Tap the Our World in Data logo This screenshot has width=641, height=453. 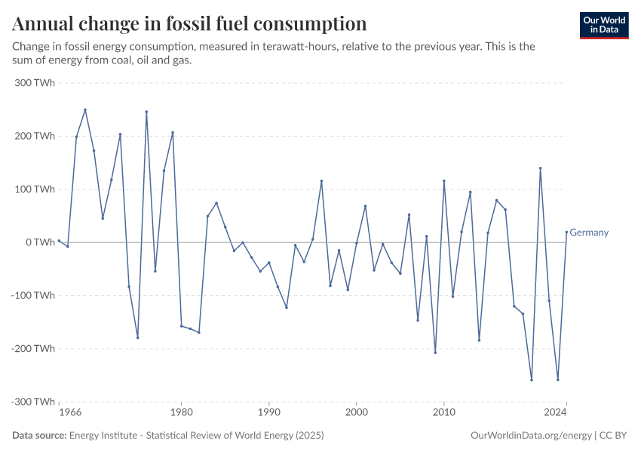pyautogui.click(x=603, y=25)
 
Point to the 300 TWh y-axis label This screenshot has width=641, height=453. pyautogui.click(x=35, y=83)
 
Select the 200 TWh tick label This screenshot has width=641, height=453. pyautogui.click(x=35, y=136)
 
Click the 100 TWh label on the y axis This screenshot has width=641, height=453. pyautogui.click(x=35, y=190)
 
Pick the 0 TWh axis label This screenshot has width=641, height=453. pyautogui.click(x=40, y=242)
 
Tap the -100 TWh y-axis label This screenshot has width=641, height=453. pyautogui.click(x=33, y=295)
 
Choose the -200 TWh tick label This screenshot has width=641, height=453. pyautogui.click(x=33, y=349)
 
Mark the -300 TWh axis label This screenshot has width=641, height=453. pyautogui.click(x=33, y=402)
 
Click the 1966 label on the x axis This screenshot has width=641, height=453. pyautogui.click(x=70, y=413)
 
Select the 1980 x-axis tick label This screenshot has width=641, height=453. pyautogui.click(x=181, y=413)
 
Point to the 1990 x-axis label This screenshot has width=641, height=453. pyautogui.click(x=269, y=413)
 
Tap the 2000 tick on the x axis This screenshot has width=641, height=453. pyautogui.click(x=357, y=413)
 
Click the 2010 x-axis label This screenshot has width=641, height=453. pyautogui.click(x=444, y=413)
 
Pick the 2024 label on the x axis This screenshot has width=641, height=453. pyautogui.click(x=555, y=413)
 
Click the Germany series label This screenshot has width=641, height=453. pyautogui.click(x=589, y=233)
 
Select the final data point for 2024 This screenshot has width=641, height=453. pyautogui.click(x=566, y=232)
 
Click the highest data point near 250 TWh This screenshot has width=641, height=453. pyautogui.click(x=85, y=109)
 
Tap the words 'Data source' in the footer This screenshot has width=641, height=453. pyautogui.click(x=39, y=436)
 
